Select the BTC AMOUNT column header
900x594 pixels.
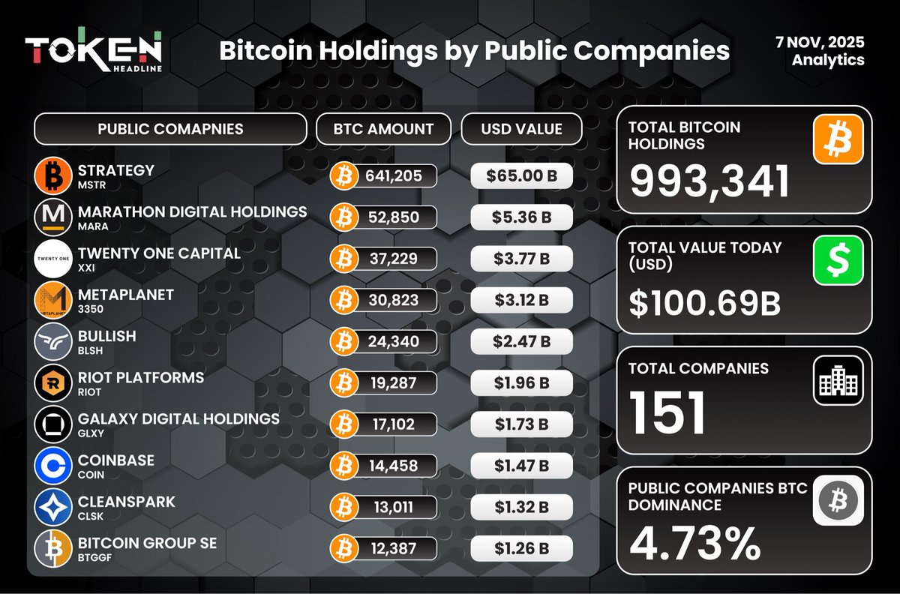[383, 129]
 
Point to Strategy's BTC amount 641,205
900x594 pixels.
[394, 176]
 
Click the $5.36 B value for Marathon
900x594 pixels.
[522, 217]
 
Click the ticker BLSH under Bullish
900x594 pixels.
[90, 350]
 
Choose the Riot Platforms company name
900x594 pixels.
[141, 377]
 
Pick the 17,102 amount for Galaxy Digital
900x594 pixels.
[394, 424]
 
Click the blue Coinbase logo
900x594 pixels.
[54, 466]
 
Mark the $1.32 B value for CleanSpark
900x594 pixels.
[522, 507]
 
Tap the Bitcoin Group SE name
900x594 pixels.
[147, 542]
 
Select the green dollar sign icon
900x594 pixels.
[838, 259]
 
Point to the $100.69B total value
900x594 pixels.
[705, 302]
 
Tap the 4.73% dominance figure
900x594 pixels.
[694, 544]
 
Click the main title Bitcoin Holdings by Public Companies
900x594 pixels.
[474, 50]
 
